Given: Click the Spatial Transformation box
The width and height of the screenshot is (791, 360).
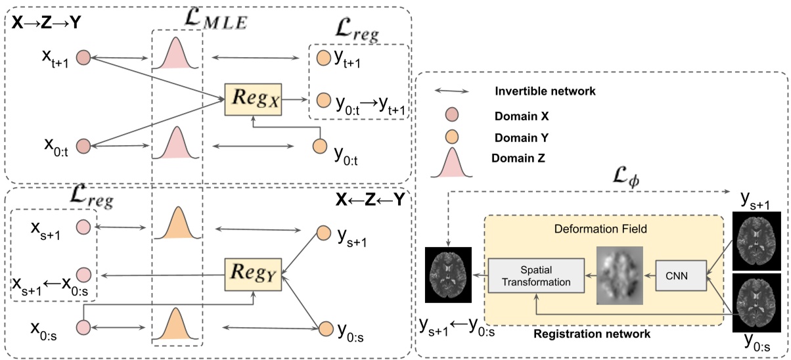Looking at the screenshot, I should (535, 275).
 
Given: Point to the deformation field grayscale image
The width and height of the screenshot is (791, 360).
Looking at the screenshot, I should (620, 275).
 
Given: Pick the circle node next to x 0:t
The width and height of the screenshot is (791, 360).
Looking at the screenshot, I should (83, 145).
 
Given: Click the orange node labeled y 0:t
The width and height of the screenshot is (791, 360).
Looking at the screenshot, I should (320, 145).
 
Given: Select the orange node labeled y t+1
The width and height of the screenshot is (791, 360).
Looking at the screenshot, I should (323, 58).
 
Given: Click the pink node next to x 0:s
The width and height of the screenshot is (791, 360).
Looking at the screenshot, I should (83, 326).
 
